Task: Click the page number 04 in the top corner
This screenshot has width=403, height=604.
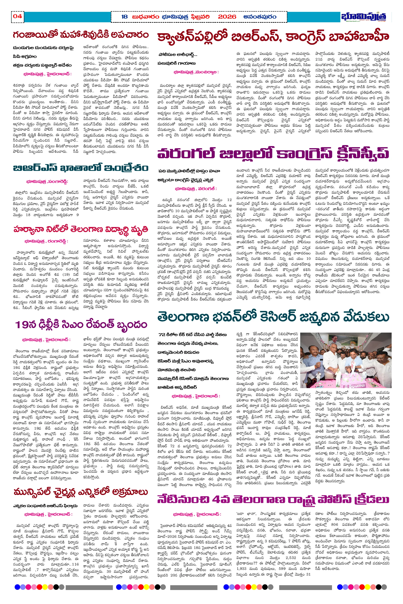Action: point(17,16)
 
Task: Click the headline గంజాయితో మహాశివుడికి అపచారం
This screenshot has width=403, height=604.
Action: point(81,35)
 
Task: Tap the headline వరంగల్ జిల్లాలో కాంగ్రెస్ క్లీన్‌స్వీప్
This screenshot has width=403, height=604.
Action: point(273,153)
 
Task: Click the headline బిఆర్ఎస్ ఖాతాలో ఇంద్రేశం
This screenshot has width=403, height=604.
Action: point(81,168)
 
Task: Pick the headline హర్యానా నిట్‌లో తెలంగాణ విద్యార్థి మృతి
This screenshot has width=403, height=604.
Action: point(81,229)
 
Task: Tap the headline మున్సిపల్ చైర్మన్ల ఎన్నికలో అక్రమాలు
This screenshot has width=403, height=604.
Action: point(81,492)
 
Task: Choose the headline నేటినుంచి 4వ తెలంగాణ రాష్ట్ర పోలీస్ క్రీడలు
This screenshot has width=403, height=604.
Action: point(273,500)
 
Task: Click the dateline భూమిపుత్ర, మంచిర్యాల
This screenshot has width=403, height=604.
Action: point(196,72)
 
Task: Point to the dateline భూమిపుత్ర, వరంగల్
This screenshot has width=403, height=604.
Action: point(195,189)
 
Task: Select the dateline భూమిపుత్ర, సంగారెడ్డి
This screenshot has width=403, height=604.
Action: point(47,181)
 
